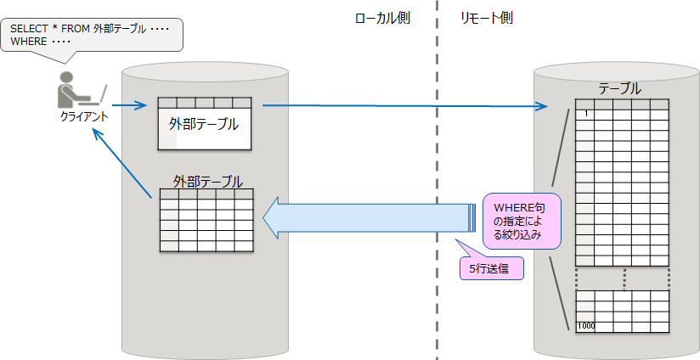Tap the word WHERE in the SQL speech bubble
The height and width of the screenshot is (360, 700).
point(28,42)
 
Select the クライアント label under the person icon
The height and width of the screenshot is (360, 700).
point(83,117)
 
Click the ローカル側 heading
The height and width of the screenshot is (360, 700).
point(382,18)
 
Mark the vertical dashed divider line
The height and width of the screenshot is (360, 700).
point(437,255)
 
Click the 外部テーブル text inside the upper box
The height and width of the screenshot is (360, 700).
point(204,124)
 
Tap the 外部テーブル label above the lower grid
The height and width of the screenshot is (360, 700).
point(207,181)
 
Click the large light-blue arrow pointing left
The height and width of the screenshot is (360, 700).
point(365,218)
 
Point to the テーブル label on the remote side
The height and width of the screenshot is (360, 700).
point(619,88)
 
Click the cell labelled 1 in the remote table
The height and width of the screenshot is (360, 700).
point(584,114)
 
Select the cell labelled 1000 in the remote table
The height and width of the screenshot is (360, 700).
point(584,326)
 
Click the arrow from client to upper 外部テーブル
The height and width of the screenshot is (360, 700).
point(134,106)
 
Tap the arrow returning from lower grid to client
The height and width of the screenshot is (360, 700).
point(124,166)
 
